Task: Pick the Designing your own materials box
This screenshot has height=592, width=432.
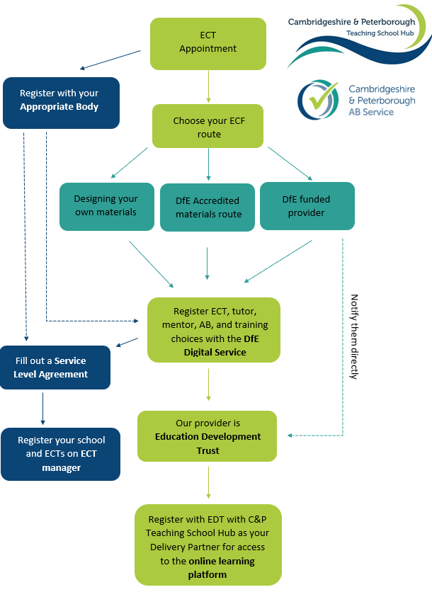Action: coord(106,205)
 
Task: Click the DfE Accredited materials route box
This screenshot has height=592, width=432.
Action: coord(208,207)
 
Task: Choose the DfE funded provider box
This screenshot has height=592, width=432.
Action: coord(307,205)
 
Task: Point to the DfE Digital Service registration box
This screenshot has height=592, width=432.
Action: coord(213,330)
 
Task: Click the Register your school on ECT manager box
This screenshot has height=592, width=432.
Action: coord(61,454)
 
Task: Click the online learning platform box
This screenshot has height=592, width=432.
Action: coord(208,545)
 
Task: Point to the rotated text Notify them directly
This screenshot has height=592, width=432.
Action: coord(354,336)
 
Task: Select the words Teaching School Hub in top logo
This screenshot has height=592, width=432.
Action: coord(380,33)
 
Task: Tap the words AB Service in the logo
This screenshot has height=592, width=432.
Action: coord(371,112)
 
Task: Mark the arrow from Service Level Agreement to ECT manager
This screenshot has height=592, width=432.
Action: coord(42,408)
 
